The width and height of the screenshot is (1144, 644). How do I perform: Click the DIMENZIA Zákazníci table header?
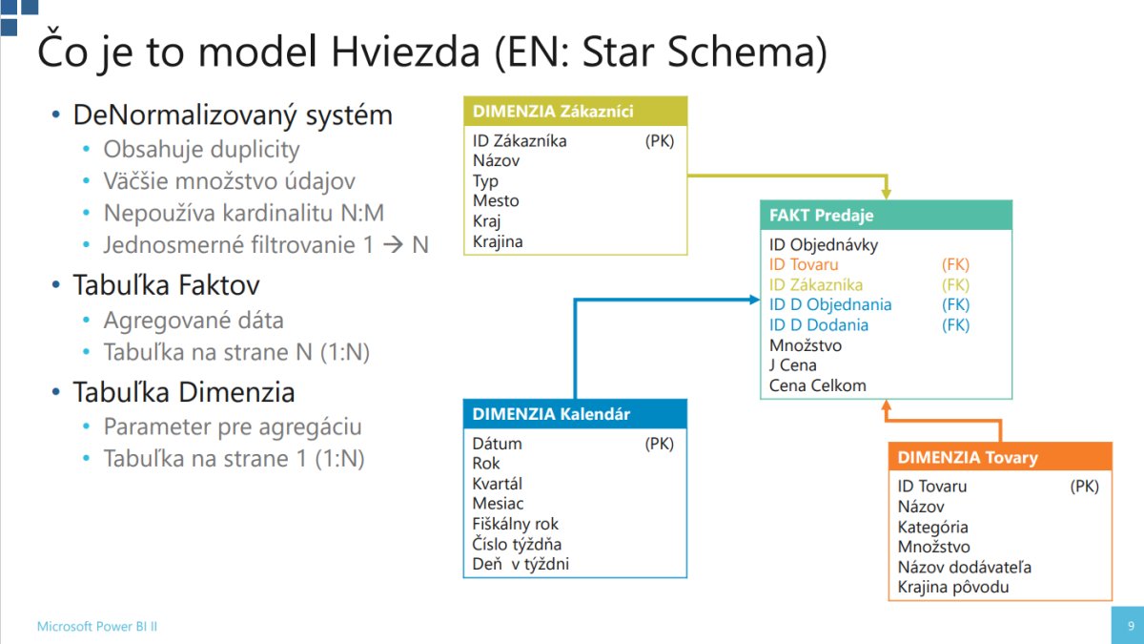click(x=576, y=111)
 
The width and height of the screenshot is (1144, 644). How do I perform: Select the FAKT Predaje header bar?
click(x=886, y=216)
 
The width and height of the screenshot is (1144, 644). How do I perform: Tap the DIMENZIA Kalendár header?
click(x=575, y=414)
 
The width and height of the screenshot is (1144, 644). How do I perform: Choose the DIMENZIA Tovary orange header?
click(x=1000, y=457)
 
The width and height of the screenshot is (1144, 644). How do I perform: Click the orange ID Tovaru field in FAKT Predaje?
click(x=804, y=265)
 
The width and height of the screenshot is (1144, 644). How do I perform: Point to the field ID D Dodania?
click(x=819, y=325)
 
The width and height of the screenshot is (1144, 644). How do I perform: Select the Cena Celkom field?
click(x=818, y=385)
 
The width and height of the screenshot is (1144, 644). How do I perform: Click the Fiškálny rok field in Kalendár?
click(x=516, y=524)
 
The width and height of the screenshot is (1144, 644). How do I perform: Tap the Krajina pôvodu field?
click(x=953, y=587)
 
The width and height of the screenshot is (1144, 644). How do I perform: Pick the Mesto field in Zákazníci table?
click(x=496, y=201)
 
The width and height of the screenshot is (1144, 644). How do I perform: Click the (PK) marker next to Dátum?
click(x=660, y=444)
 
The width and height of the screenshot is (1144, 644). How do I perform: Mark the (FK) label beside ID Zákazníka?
click(x=955, y=284)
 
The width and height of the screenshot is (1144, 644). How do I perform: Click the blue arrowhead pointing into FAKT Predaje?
click(x=754, y=300)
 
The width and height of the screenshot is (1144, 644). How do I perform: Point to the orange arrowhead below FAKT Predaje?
click(x=886, y=405)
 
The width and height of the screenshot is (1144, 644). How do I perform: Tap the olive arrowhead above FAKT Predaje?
click(x=886, y=194)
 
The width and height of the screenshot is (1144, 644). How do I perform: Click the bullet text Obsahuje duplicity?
click(x=201, y=150)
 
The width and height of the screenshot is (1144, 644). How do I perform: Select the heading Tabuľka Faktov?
click(x=166, y=285)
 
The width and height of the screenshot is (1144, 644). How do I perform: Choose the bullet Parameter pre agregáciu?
click(x=233, y=427)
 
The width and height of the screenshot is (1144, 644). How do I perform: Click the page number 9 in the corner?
click(x=1131, y=626)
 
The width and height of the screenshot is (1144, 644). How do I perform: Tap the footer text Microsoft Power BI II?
click(x=97, y=626)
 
